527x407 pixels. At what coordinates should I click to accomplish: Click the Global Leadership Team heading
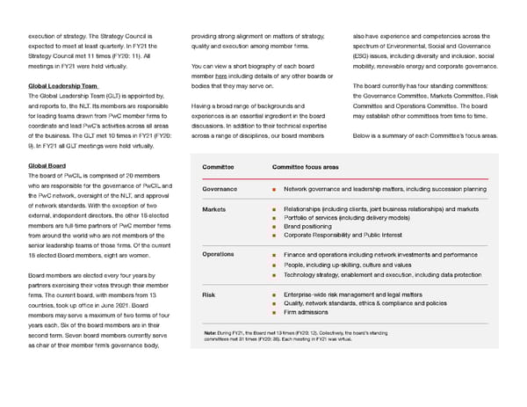pyautogui.click(x=62, y=85)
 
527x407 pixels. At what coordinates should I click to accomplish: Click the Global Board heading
pyautogui.click(x=47, y=165)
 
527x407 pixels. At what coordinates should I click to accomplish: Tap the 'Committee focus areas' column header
pyautogui.click(x=305, y=166)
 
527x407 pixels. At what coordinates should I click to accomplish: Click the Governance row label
pyautogui.click(x=220, y=189)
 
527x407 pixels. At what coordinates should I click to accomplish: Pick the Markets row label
pyautogui.click(x=213, y=209)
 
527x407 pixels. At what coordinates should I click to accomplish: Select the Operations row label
pyautogui.click(x=218, y=254)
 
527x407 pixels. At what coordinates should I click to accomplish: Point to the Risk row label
pyautogui.click(x=208, y=294)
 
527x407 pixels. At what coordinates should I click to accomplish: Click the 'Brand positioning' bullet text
pyautogui.click(x=314, y=226)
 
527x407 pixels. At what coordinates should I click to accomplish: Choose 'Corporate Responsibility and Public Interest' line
pyautogui.click(x=355, y=235)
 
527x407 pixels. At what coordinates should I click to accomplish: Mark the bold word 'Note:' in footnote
pyautogui.click(x=210, y=332)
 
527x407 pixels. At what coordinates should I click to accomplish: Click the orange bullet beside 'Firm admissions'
pyautogui.click(x=275, y=312)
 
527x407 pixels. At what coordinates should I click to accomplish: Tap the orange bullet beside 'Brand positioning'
pyautogui.click(x=275, y=226)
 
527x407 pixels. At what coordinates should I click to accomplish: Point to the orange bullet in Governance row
pyautogui.click(x=275, y=189)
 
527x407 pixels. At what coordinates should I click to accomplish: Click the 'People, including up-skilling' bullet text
pyautogui.click(x=347, y=265)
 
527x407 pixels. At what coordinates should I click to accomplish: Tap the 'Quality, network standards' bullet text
pyautogui.click(x=360, y=303)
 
